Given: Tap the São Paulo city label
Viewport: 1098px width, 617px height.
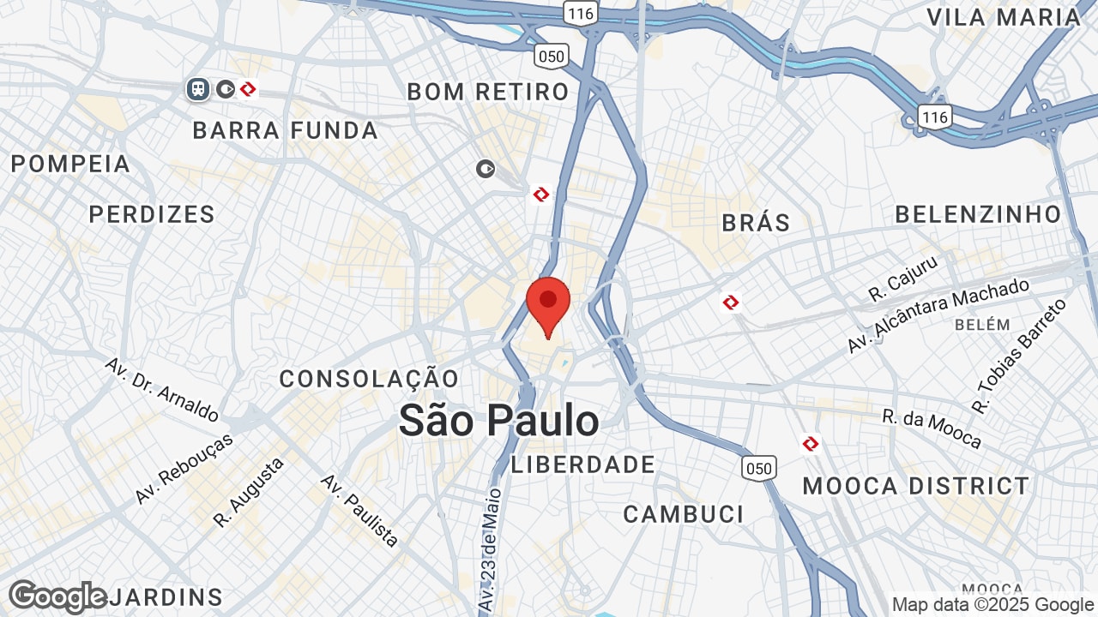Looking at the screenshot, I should [x=499, y=421].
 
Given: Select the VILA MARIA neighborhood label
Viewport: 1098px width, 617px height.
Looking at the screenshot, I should [x=1004, y=17].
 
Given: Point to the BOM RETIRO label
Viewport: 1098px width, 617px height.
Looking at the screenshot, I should [x=488, y=92].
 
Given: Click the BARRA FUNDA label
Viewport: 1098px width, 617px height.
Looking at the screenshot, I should [x=286, y=130].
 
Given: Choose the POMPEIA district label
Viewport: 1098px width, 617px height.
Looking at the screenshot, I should [x=70, y=164].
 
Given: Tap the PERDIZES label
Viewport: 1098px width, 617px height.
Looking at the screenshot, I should [x=152, y=214].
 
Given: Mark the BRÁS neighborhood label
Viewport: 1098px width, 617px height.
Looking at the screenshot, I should [x=756, y=223].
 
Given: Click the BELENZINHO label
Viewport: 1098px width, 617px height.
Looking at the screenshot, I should [x=979, y=214].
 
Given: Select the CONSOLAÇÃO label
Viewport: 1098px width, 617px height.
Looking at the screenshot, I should [x=369, y=379].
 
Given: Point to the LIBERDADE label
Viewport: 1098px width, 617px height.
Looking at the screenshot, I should [x=583, y=465].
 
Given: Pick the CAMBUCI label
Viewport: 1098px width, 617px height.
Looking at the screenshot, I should [x=684, y=514].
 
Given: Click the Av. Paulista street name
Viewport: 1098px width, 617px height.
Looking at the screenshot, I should [x=360, y=510].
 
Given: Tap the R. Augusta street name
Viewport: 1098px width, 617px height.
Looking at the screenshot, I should [x=249, y=493].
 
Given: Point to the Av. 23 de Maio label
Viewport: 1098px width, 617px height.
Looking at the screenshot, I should [x=489, y=548].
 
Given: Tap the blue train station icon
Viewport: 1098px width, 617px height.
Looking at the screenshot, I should [x=198, y=89].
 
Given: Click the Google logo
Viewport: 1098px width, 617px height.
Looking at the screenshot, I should [x=58, y=596].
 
